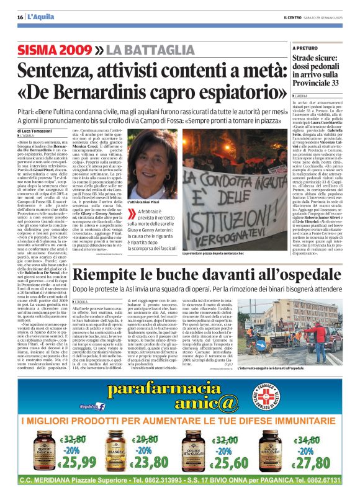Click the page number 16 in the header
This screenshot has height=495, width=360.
coord(20,17)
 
